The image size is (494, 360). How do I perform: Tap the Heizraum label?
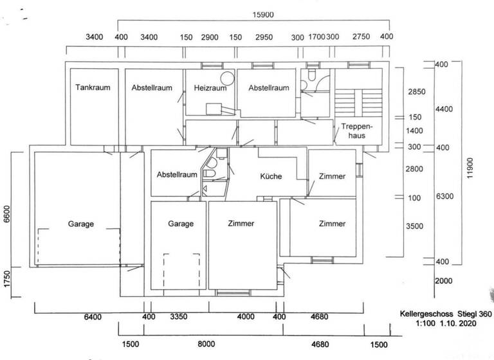[x=206, y=88]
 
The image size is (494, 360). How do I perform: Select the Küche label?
[x=271, y=176]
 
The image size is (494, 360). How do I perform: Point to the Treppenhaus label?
[x=358, y=130]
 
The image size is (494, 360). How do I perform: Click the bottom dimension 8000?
[x=206, y=344]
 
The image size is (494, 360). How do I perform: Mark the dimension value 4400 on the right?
[x=444, y=109]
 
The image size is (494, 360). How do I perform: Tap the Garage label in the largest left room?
[x=81, y=224]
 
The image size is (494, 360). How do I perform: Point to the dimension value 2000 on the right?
[x=444, y=282]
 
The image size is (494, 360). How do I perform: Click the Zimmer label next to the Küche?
[x=331, y=176]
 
